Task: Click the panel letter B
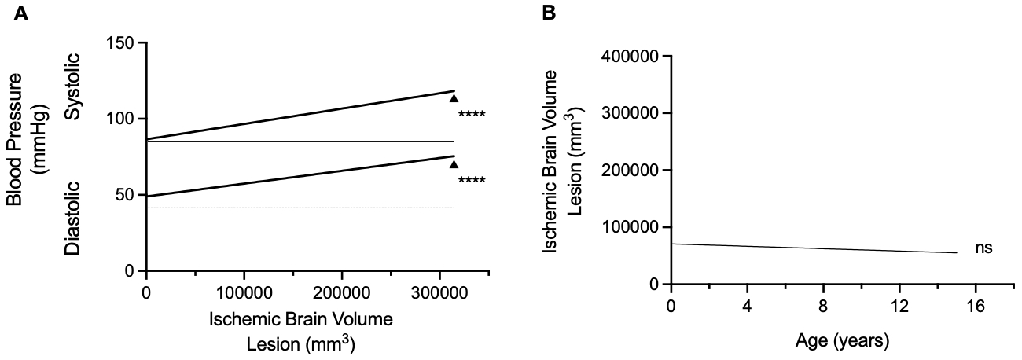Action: (549, 13)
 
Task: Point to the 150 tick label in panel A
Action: (123, 42)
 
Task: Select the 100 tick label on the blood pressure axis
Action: (123, 119)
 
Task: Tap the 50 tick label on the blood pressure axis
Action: (127, 195)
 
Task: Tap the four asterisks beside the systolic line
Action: (472, 115)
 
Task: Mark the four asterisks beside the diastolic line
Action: (472, 181)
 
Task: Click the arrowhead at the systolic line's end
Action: (454, 97)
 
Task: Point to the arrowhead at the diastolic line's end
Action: (454, 163)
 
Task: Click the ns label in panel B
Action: (983, 248)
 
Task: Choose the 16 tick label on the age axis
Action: (976, 305)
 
